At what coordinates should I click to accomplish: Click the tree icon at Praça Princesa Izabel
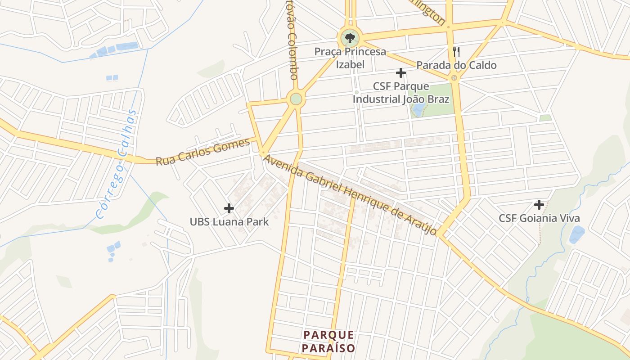[x=350, y=38]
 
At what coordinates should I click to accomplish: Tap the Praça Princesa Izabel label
[x=350, y=58]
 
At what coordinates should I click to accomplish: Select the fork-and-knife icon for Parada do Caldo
[x=456, y=51]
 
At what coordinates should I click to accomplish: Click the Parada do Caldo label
[x=456, y=65]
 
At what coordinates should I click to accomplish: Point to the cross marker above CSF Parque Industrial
[x=400, y=73]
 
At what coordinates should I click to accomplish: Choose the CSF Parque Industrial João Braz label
[x=400, y=93]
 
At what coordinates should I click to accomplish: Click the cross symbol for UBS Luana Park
[x=229, y=208]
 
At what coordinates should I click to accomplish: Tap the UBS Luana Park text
[x=229, y=222]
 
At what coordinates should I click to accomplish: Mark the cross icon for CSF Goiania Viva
[x=539, y=205]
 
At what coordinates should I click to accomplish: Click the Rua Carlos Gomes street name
[x=202, y=152]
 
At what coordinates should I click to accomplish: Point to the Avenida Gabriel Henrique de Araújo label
[x=350, y=194]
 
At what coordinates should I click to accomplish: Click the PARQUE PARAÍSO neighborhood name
[x=328, y=342]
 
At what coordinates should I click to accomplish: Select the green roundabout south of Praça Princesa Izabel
[x=296, y=99]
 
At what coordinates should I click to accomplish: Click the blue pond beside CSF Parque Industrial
[x=418, y=109]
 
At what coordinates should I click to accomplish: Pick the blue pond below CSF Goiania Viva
[x=577, y=234]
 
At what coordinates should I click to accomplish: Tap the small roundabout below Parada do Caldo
[x=454, y=78]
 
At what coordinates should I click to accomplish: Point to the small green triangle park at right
[x=545, y=118]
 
